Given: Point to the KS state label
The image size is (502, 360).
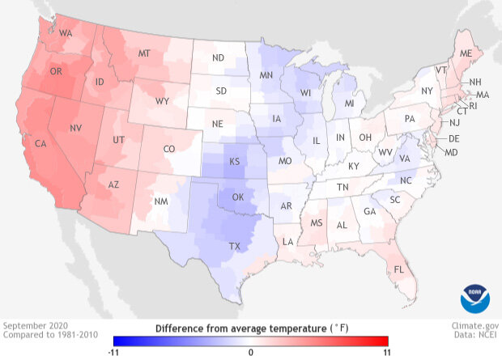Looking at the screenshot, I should tap(234, 162).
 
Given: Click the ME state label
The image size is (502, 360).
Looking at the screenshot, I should tap(466, 53).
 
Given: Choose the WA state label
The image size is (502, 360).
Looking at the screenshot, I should tap(66, 33).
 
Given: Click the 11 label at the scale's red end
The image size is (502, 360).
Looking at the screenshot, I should tap(387, 352).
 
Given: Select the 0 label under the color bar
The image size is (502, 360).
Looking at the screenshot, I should tap(251, 352).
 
